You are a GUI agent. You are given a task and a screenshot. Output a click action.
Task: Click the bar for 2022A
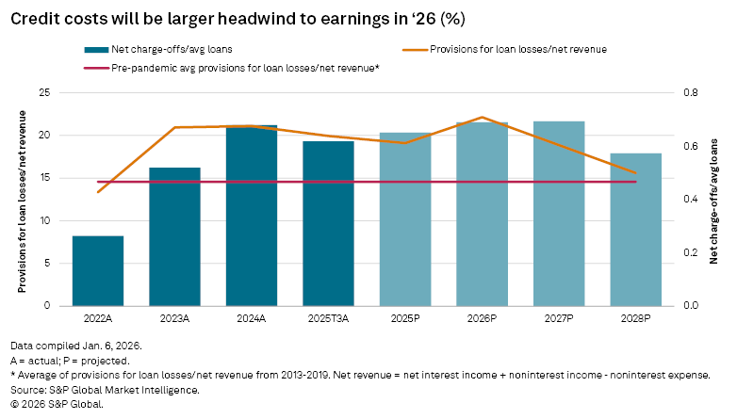[x=98, y=270]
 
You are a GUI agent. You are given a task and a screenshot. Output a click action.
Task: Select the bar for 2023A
[x=175, y=236]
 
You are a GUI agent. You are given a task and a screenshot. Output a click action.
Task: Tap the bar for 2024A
[x=252, y=216]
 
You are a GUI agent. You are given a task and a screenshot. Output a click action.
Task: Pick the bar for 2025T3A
[x=328, y=223]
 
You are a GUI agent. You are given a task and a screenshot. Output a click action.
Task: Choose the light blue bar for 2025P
[x=405, y=219]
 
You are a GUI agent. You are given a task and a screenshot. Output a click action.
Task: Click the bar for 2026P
[x=482, y=214]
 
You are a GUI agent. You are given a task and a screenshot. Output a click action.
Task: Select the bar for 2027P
[x=559, y=214]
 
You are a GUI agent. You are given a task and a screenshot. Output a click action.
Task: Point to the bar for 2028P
[x=635, y=230]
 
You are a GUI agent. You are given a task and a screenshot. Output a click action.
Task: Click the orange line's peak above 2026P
[x=482, y=118]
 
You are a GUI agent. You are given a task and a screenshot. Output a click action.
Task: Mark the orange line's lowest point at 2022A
[x=98, y=192]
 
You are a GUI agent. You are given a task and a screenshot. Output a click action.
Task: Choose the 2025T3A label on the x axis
[x=328, y=320]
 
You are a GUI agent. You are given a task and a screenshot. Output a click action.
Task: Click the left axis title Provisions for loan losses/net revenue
[x=22, y=199]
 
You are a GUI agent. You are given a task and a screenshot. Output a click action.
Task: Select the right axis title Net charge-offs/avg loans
[x=713, y=199]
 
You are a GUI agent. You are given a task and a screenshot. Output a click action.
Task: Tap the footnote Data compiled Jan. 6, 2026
[x=76, y=346]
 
